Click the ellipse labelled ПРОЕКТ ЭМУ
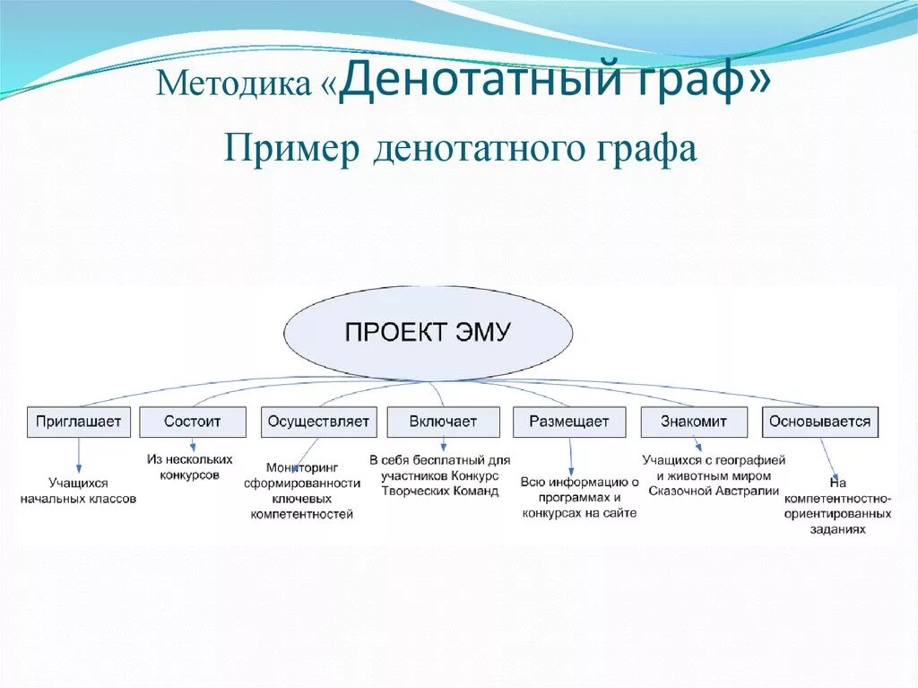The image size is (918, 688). click(428, 333)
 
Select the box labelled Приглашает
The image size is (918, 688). click(79, 422)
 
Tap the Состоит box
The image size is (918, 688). click(193, 422)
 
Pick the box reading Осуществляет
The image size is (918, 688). click(316, 422)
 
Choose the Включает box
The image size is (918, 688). click(443, 422)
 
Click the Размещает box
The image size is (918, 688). click(568, 422)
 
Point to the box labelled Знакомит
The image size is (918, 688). click(693, 422)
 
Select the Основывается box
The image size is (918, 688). click(819, 422)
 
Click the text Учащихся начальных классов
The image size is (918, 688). click(78, 491)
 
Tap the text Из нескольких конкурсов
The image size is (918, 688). click(190, 466)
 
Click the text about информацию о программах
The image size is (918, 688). click(579, 497)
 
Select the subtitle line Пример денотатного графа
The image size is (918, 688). click(460, 148)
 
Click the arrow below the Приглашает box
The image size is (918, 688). click(79, 455)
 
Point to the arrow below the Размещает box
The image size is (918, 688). click(571, 455)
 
